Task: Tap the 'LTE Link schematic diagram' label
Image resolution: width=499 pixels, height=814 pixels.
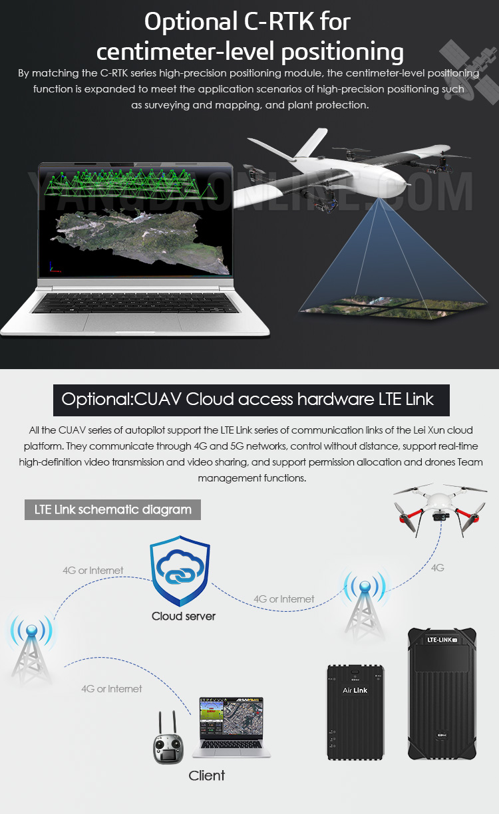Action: click(112, 510)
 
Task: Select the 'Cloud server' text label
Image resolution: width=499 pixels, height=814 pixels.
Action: click(184, 616)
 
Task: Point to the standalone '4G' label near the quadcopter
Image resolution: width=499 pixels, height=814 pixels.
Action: click(437, 568)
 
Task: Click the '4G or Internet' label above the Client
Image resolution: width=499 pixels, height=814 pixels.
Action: click(111, 689)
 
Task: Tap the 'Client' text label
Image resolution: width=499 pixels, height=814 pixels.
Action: click(207, 775)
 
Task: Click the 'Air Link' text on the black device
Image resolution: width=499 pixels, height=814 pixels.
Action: click(355, 690)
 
